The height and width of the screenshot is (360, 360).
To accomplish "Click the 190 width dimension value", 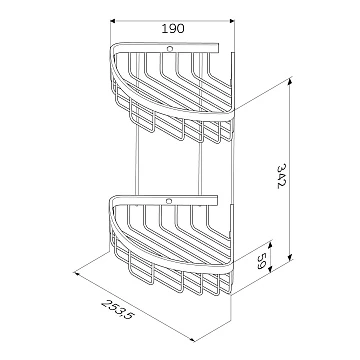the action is coord(173,29).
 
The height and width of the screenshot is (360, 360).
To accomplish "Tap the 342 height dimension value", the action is coord(282,176).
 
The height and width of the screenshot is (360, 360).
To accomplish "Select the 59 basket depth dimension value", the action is coord(261,261).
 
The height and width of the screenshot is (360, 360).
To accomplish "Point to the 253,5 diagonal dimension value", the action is coord(117,309).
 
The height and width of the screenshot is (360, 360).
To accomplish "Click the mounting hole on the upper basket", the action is coord(170,49).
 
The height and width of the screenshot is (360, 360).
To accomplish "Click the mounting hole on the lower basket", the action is coord(169,201).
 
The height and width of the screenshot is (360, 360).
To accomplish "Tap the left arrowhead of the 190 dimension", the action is coord(112,21).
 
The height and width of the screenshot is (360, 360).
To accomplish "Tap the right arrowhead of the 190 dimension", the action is coord(232,21).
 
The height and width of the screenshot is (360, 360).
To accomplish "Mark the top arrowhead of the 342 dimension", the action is coord(290,80).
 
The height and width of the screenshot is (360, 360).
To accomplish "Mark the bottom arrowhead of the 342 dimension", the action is coord(290,258).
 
